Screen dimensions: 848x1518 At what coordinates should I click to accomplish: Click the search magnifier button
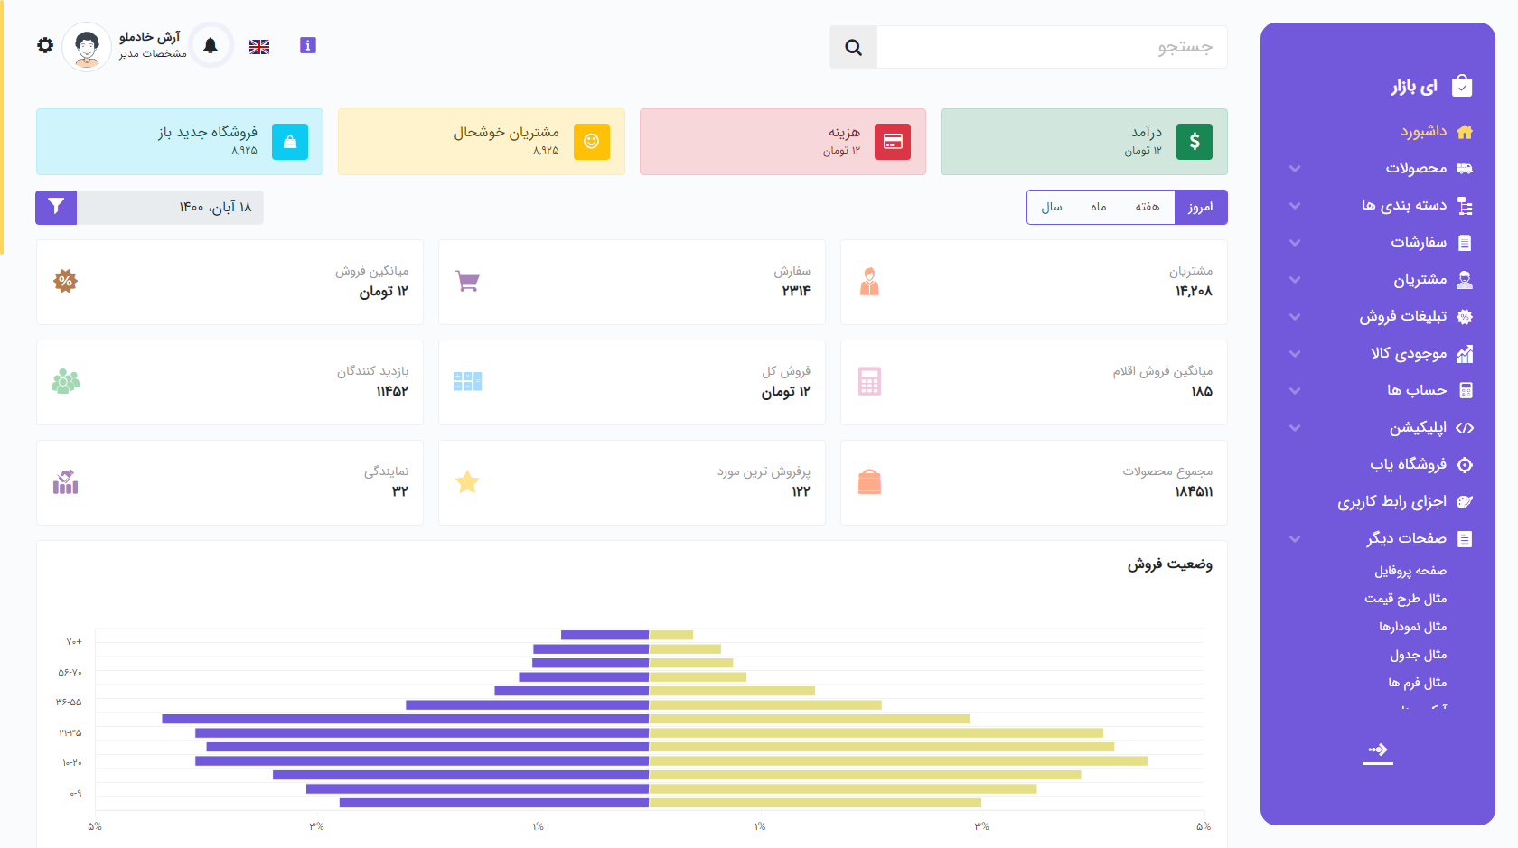coord(853,47)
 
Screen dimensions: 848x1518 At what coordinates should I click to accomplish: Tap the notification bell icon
coord(211,45)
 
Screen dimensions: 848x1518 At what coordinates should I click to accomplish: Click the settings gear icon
coord(45,45)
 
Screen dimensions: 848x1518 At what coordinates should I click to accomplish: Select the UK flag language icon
coord(259,47)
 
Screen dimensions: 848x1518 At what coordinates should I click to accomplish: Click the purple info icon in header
coord(308,45)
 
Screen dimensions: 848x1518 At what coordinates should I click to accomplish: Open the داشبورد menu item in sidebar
coord(1424,132)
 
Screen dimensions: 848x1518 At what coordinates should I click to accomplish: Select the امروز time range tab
coord(1200,207)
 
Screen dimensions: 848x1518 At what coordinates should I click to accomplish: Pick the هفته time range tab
coord(1148,207)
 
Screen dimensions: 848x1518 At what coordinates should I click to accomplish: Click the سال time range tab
coord(1052,207)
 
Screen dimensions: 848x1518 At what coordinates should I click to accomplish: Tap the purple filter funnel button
coord(56,207)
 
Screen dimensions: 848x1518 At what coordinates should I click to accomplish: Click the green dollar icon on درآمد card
coord(1194,142)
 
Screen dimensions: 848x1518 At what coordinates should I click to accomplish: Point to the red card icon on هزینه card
coord(893,142)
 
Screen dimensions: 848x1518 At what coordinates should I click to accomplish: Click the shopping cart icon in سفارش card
coord(467,281)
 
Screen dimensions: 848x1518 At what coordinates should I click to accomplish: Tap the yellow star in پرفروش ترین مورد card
coord(467,482)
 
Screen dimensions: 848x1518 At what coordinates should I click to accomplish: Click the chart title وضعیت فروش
coord(1169,564)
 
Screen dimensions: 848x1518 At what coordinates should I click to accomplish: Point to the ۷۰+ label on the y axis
coord(74,642)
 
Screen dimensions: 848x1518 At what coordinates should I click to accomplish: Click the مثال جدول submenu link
coord(1418,655)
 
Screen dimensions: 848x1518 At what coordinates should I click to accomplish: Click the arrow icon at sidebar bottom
coord(1377,750)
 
